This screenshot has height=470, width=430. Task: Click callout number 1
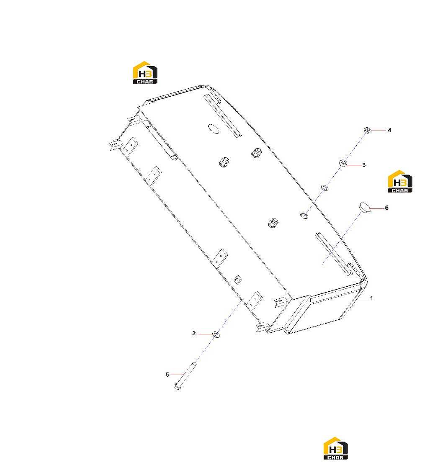[x=371, y=298]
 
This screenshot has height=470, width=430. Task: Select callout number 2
[x=194, y=333]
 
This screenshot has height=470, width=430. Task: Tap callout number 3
[x=364, y=165]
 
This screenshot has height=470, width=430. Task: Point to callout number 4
[x=389, y=130]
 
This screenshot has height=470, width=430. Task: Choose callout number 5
[x=167, y=375]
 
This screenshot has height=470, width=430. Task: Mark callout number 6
[x=386, y=208]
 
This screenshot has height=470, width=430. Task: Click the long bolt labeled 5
[x=185, y=375]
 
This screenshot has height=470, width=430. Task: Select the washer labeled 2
[x=216, y=334]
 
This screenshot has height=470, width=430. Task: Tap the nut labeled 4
[x=367, y=130]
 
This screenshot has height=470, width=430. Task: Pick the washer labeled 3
[x=343, y=163]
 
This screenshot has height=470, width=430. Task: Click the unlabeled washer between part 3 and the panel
[x=324, y=188]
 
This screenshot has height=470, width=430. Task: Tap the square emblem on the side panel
[x=238, y=279]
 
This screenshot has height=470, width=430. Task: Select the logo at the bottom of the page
[x=335, y=448]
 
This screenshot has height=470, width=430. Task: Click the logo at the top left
[x=145, y=72]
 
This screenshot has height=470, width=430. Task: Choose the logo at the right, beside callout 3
[x=400, y=181]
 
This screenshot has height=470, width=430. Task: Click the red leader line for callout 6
[x=377, y=208]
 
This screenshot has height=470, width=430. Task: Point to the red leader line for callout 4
[x=379, y=130]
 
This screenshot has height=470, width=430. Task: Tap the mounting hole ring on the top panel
[x=304, y=215]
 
